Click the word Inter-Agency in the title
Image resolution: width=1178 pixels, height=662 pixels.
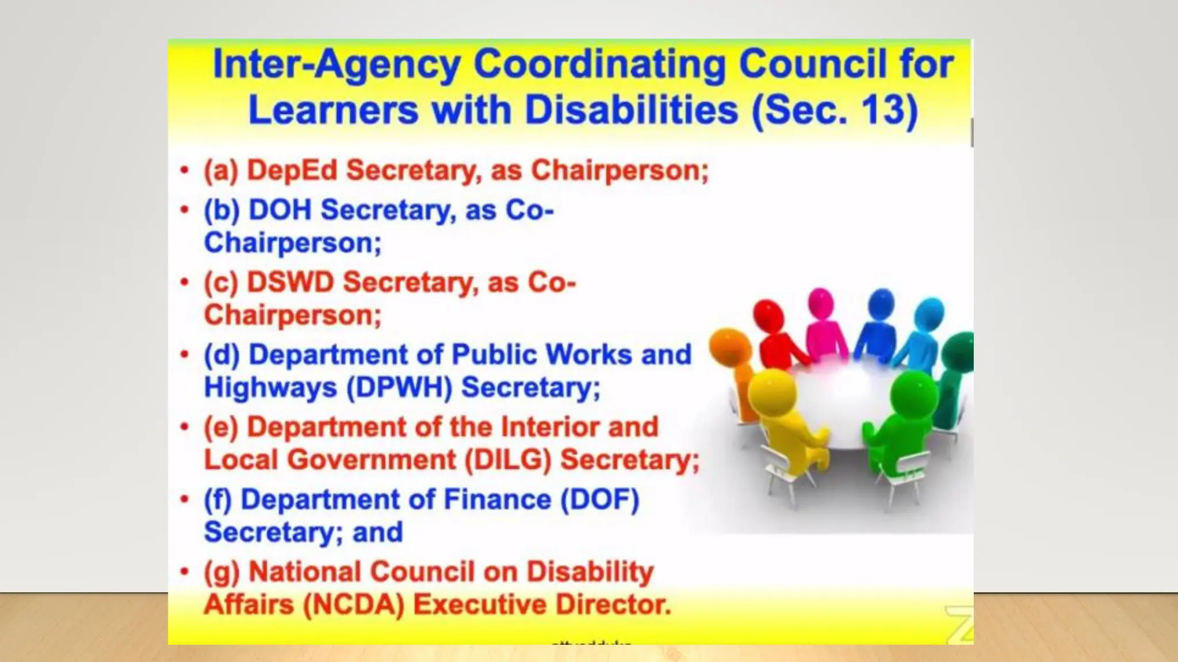(336, 64)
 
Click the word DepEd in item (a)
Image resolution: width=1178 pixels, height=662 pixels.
(292, 170)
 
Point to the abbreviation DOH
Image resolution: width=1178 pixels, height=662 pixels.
(280, 210)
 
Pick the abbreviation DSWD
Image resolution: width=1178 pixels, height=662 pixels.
(290, 282)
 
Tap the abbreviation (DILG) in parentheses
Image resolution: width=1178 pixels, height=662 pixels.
(508, 460)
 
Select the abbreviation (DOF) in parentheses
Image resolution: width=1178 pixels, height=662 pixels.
(599, 499)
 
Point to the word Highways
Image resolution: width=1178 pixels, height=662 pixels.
(270, 387)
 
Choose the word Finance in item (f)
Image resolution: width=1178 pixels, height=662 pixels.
(498, 499)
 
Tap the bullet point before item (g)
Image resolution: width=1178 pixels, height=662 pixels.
(184, 572)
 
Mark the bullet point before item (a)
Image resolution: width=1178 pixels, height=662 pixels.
(184, 170)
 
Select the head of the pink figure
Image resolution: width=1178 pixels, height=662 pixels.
(821, 302)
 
